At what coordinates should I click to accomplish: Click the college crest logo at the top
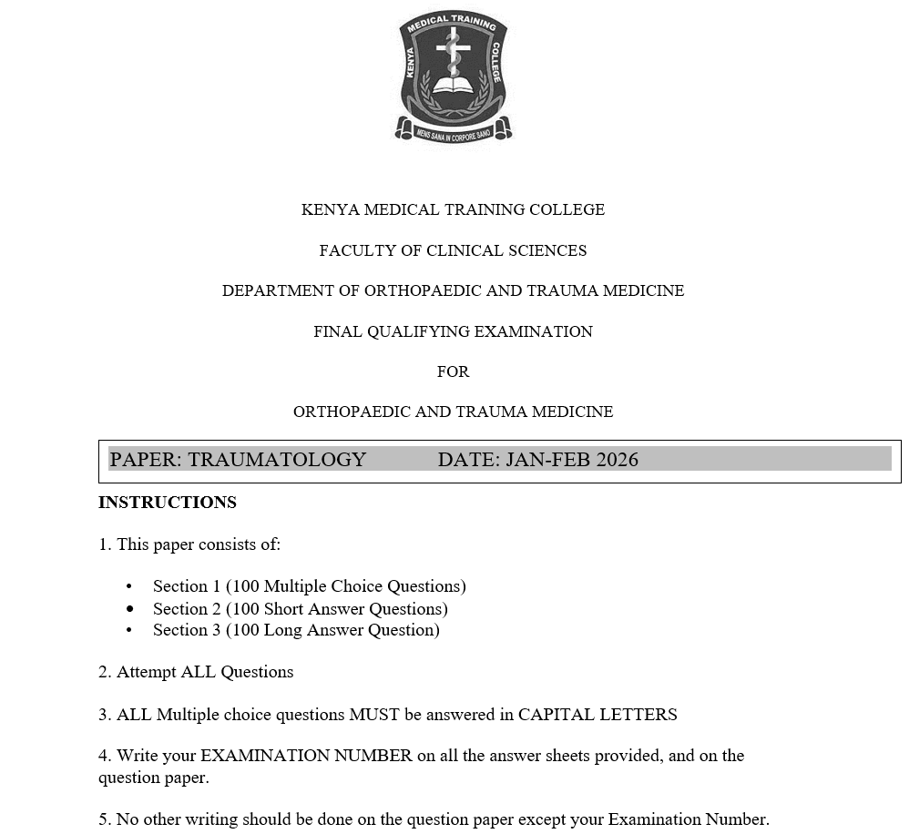pyautogui.click(x=453, y=76)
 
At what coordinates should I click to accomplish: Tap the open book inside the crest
pyautogui.click(x=453, y=87)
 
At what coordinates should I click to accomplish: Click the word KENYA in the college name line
pyautogui.click(x=331, y=210)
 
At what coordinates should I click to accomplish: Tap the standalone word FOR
pyautogui.click(x=453, y=371)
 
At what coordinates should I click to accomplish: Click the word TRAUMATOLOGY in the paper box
pyautogui.click(x=277, y=460)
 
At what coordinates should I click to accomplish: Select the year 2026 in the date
pyautogui.click(x=617, y=460)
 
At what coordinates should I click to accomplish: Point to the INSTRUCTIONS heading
pyautogui.click(x=168, y=503)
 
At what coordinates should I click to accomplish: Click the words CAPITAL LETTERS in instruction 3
pyautogui.click(x=597, y=715)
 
